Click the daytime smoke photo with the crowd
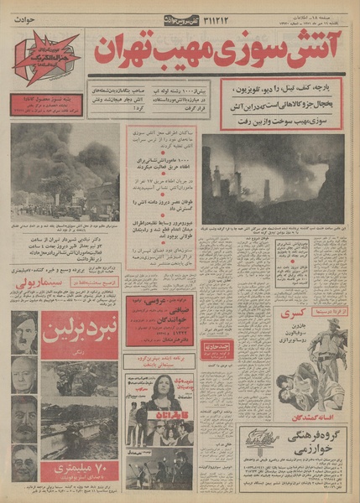pos(65,172)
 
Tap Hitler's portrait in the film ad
pos(24,329)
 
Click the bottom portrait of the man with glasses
pos(24,461)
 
